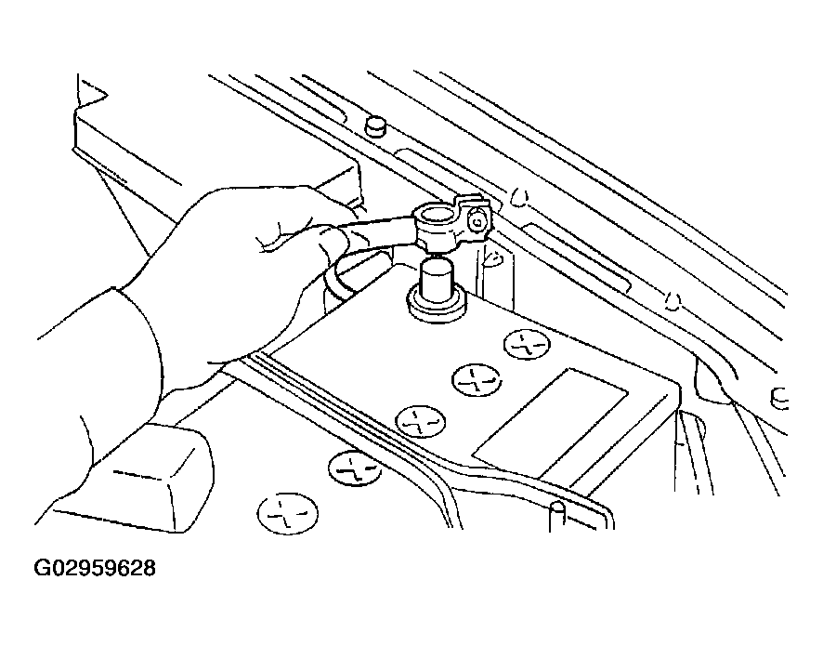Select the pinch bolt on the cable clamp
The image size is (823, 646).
(477, 222)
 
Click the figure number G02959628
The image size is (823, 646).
(95, 567)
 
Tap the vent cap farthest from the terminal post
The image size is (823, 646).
(287, 512)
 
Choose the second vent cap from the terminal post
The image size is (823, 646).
(476, 378)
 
